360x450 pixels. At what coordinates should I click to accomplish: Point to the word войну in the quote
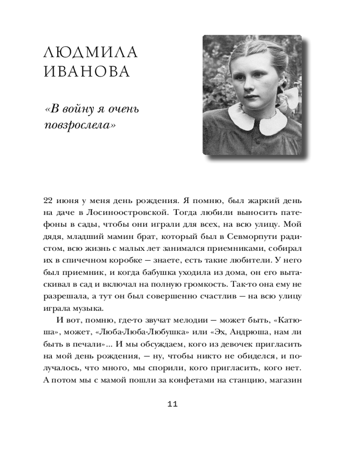(80, 109)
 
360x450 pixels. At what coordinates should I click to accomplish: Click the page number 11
(173, 404)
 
